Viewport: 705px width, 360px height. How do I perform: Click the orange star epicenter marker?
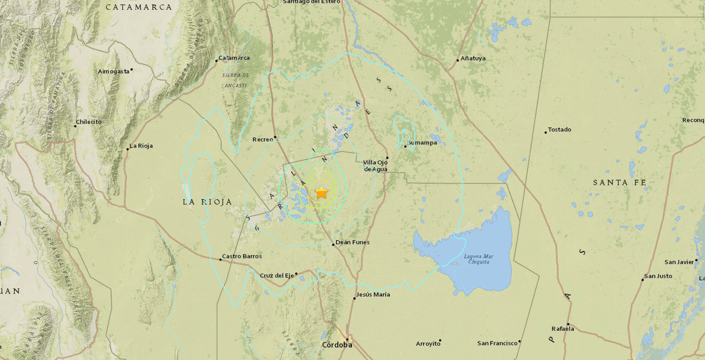pyautogui.click(x=321, y=193)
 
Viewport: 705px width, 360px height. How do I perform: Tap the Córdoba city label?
pyautogui.click(x=337, y=345)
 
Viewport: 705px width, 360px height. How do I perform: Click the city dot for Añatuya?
pyautogui.click(x=458, y=60)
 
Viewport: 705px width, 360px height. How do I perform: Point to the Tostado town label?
pyautogui.click(x=560, y=130)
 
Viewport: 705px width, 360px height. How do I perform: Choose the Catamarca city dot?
pyautogui.click(x=216, y=60)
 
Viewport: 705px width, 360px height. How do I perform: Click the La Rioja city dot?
pyautogui.click(x=128, y=149)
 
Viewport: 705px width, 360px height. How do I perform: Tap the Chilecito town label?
pyautogui.click(x=89, y=122)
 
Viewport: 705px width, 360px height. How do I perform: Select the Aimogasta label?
pyautogui.click(x=113, y=72)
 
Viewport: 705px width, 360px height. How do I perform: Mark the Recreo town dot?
pyautogui.click(x=275, y=137)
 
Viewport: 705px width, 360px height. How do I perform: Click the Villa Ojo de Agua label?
pyautogui.click(x=376, y=165)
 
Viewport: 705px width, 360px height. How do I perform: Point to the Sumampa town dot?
pyautogui.click(x=405, y=146)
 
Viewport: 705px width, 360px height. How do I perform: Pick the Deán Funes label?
pyautogui.click(x=352, y=242)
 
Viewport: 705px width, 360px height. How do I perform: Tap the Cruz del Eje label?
pyautogui.click(x=276, y=276)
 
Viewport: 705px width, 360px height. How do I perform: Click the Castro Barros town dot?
pyautogui.click(x=220, y=259)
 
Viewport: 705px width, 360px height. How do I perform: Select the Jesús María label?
pyautogui.click(x=373, y=295)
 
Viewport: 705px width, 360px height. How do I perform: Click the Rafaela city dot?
pyautogui.click(x=568, y=325)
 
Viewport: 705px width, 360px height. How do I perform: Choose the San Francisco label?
pyautogui.click(x=497, y=343)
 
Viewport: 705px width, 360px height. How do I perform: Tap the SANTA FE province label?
pyautogui.click(x=619, y=182)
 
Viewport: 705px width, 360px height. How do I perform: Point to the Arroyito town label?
pyautogui.click(x=428, y=344)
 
